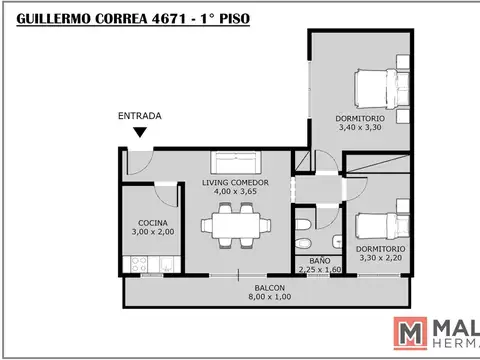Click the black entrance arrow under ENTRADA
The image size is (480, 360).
click(141, 131)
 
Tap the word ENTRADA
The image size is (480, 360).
click(140, 115)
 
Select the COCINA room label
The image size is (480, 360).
click(153, 222)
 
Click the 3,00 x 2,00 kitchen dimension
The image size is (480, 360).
click(153, 232)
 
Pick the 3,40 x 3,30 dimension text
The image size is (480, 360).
click(358, 129)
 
